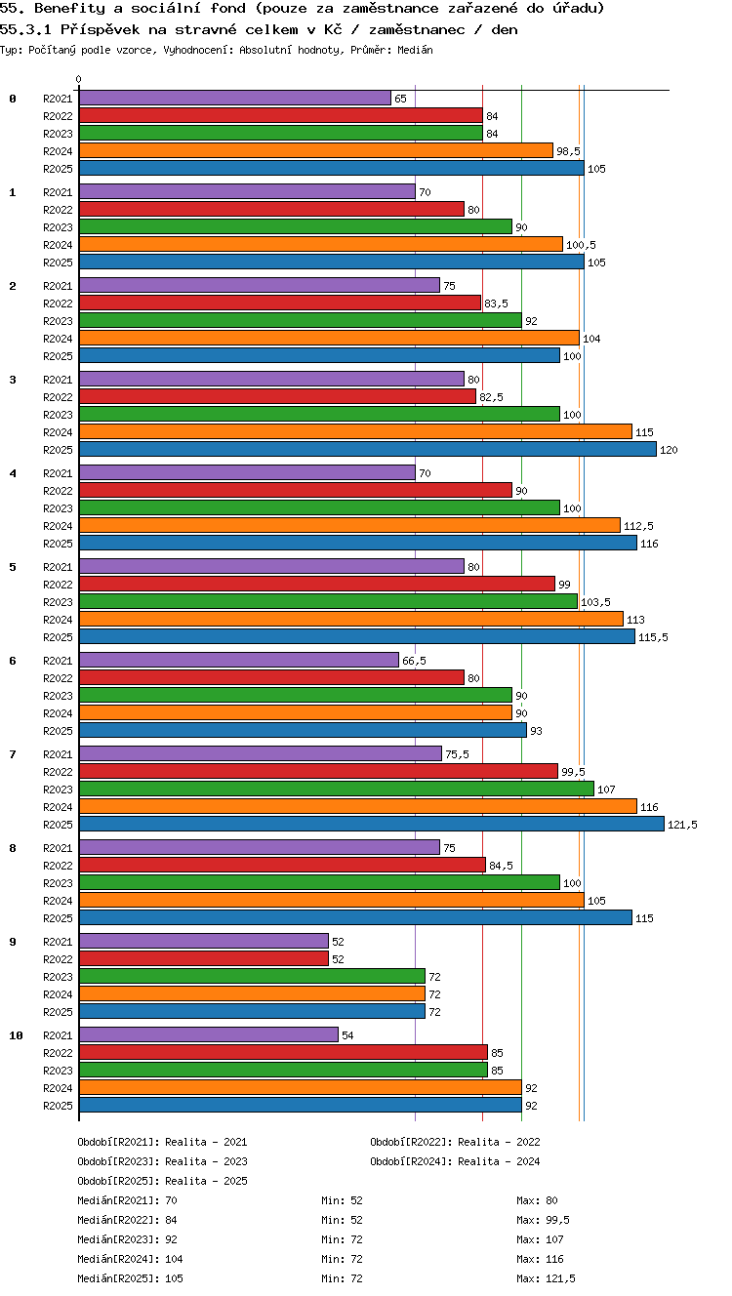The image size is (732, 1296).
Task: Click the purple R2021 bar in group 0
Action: (x=235, y=98)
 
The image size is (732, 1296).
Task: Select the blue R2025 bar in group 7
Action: (x=372, y=824)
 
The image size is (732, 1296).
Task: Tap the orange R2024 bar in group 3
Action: (x=355, y=431)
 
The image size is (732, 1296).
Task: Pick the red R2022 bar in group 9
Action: (x=204, y=958)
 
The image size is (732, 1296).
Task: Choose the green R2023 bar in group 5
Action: (x=328, y=602)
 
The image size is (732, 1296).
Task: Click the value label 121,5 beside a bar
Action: (x=682, y=825)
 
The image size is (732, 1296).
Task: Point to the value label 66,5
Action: (x=414, y=661)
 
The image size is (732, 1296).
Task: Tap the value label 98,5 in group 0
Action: (x=568, y=151)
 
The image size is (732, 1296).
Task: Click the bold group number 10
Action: (x=16, y=1035)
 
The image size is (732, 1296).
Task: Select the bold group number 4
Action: (x=13, y=473)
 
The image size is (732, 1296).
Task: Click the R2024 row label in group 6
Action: (x=58, y=713)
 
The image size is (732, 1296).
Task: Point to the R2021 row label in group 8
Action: (x=58, y=848)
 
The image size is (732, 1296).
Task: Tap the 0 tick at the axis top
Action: (x=79, y=79)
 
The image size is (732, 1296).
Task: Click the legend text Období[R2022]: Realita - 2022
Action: (x=455, y=1142)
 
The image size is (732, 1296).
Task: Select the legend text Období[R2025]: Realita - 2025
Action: (x=162, y=1181)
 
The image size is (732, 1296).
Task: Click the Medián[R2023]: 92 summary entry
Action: (x=127, y=1239)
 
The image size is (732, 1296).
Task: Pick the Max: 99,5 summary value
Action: (x=543, y=1220)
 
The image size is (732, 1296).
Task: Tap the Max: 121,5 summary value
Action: (x=546, y=1278)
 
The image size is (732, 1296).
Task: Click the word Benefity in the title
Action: (x=69, y=9)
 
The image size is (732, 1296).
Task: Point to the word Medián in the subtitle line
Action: (x=415, y=51)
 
